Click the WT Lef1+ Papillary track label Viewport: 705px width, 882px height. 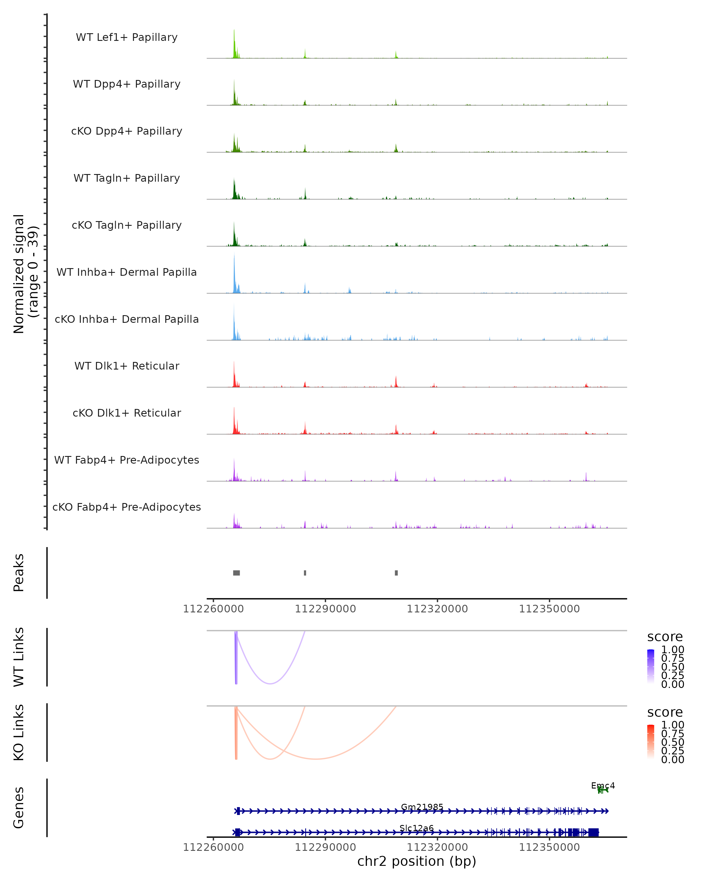point(127,37)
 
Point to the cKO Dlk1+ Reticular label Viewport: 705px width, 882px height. point(127,413)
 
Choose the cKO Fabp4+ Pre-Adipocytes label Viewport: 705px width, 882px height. point(127,507)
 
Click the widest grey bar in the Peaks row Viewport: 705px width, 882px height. point(236,573)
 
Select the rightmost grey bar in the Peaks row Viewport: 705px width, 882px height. point(396,573)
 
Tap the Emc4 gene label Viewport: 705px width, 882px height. point(603,786)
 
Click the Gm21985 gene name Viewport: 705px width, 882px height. point(422,807)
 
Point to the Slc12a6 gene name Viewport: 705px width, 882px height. point(417,828)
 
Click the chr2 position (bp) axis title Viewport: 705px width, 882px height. point(417,861)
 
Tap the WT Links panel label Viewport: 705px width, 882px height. point(19,657)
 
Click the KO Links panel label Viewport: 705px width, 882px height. point(19,732)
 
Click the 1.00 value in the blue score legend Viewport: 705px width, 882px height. point(673,650)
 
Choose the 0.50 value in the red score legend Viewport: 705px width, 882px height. point(673,742)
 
